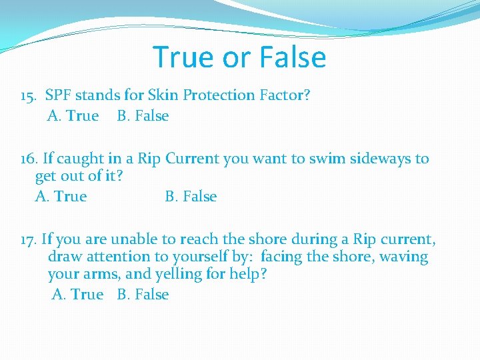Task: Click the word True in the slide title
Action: [183, 57]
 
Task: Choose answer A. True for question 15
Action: [73, 116]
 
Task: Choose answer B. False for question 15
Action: [143, 116]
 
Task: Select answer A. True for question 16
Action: [61, 197]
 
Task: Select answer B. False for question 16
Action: [191, 197]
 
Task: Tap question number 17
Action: [29, 239]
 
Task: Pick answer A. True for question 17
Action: [77, 295]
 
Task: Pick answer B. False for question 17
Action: [143, 295]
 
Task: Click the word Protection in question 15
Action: [219, 95]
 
